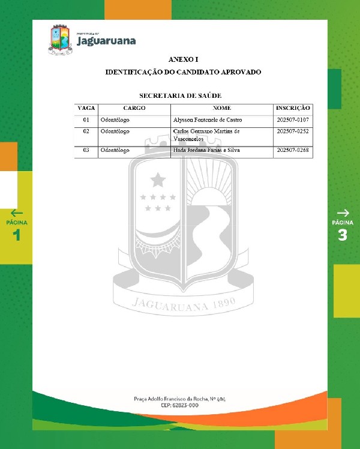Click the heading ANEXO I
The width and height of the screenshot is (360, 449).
click(183, 59)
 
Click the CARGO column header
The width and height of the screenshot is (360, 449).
click(134, 108)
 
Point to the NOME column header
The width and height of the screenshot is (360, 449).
click(221, 108)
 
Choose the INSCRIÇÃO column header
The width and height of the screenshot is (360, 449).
click(293, 108)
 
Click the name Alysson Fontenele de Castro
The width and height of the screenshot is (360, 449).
click(207, 120)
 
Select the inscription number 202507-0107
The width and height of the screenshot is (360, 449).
click(293, 120)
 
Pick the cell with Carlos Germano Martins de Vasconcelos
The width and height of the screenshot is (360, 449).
click(206, 134)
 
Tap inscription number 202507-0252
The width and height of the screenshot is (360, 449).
click(293, 131)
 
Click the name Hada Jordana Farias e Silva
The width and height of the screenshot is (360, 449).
click(206, 150)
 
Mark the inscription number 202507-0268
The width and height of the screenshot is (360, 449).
click(293, 150)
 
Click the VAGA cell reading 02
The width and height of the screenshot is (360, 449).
click(86, 131)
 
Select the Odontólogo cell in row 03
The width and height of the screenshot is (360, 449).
click(115, 150)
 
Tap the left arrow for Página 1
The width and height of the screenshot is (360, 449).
click(17, 212)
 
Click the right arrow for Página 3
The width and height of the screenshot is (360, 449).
click(343, 212)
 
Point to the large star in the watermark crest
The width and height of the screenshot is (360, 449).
click(158, 179)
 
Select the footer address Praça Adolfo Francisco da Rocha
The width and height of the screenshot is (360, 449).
click(180, 399)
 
